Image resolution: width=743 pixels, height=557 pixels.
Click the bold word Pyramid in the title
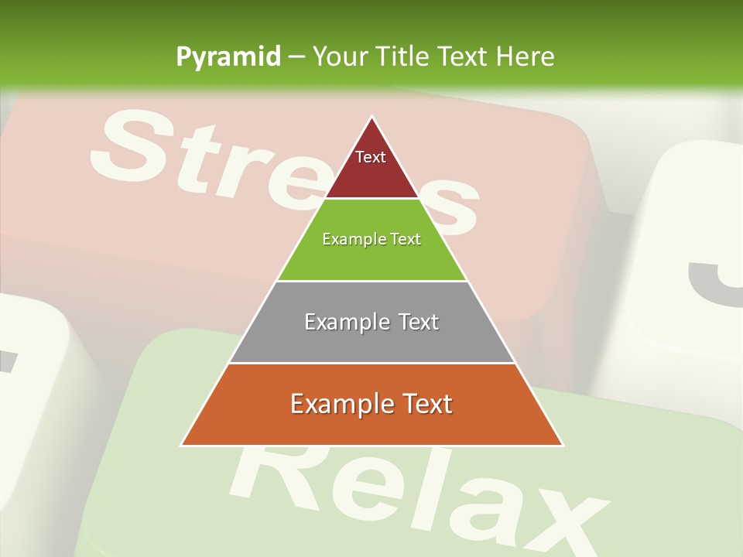click(x=228, y=57)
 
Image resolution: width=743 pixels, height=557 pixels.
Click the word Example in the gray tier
click(x=345, y=322)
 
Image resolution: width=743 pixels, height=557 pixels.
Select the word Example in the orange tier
click(x=342, y=404)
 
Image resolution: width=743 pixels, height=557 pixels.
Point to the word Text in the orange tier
click(x=426, y=404)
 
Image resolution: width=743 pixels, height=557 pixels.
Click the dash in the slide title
click(x=297, y=57)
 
